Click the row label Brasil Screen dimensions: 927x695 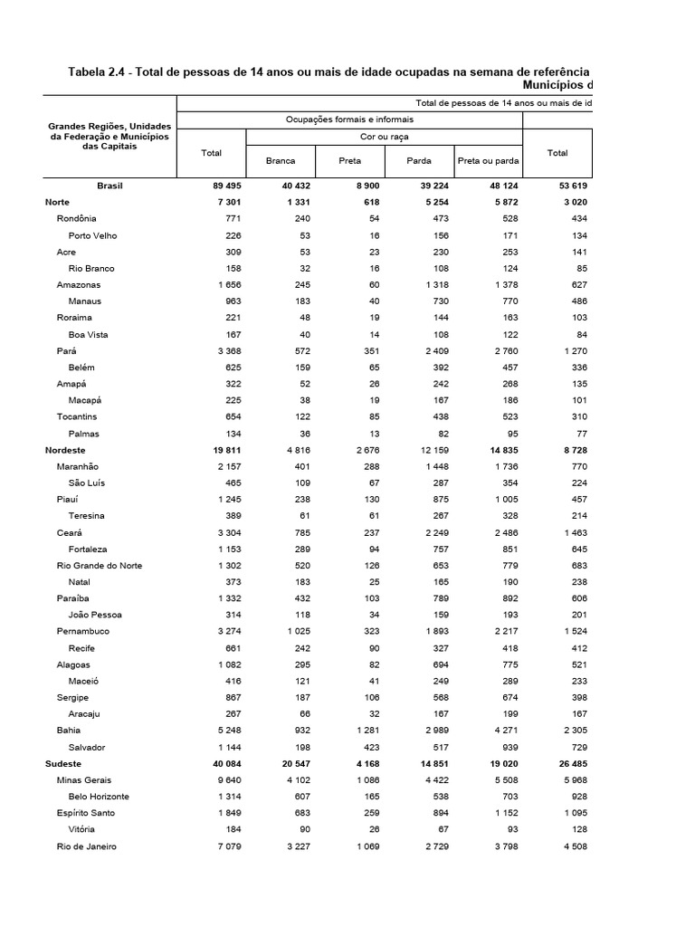click(x=109, y=186)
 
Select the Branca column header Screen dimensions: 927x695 click(x=281, y=160)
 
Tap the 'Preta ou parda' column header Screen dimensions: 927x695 click(x=488, y=160)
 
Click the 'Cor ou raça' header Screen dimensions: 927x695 click(x=384, y=137)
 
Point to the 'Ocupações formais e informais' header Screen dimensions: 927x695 click(x=349, y=119)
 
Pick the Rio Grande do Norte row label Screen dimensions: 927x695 click(x=99, y=566)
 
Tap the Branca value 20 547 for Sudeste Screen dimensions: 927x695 click(x=290, y=764)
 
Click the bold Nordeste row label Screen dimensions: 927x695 click(x=65, y=450)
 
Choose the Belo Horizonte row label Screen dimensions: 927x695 click(x=99, y=797)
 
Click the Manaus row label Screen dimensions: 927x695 click(x=84, y=301)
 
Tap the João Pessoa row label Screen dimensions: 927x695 click(x=94, y=616)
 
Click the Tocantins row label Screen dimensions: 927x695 click(x=77, y=417)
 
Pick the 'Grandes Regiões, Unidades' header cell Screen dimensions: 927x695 click(x=109, y=125)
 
